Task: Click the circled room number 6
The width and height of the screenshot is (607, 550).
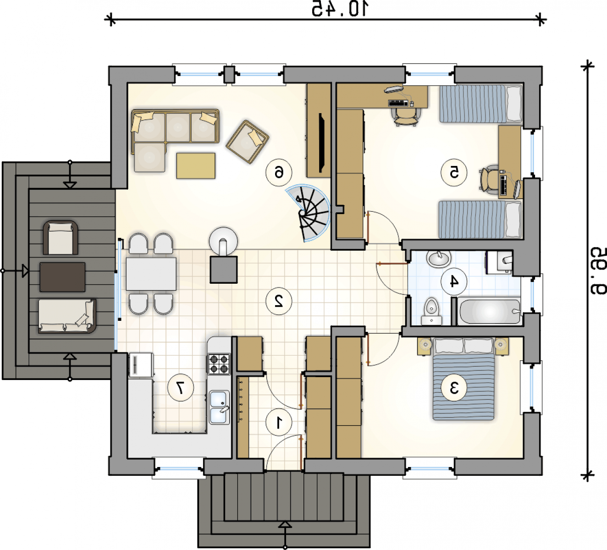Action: coord(279,172)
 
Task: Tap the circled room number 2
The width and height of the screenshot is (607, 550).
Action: coord(279,301)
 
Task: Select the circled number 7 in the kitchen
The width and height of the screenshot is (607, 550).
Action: coord(181,388)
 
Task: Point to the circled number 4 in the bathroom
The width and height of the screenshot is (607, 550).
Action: coord(454,282)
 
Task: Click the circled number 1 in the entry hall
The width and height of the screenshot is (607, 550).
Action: coord(279,423)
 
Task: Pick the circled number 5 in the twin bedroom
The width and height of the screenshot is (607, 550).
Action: coord(454,172)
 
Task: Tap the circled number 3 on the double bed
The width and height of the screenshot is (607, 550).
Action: coord(454,388)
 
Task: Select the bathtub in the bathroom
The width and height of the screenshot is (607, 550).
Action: coord(489,311)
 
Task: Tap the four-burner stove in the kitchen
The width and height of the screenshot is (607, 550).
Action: coord(219,364)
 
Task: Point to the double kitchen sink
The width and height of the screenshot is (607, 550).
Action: coord(220,407)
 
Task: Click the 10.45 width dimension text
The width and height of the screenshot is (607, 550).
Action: coord(340,8)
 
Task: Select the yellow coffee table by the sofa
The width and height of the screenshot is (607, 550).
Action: coord(196,166)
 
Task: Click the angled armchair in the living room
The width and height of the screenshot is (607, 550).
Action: coord(248,142)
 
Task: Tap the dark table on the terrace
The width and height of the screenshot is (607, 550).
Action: coord(62,277)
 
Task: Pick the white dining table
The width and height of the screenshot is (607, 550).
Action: coord(151,274)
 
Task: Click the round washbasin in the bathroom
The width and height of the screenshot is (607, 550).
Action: coord(438,259)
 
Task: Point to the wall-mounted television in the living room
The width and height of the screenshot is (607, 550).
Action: coord(321,142)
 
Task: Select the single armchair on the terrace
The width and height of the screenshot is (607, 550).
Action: coord(61,238)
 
